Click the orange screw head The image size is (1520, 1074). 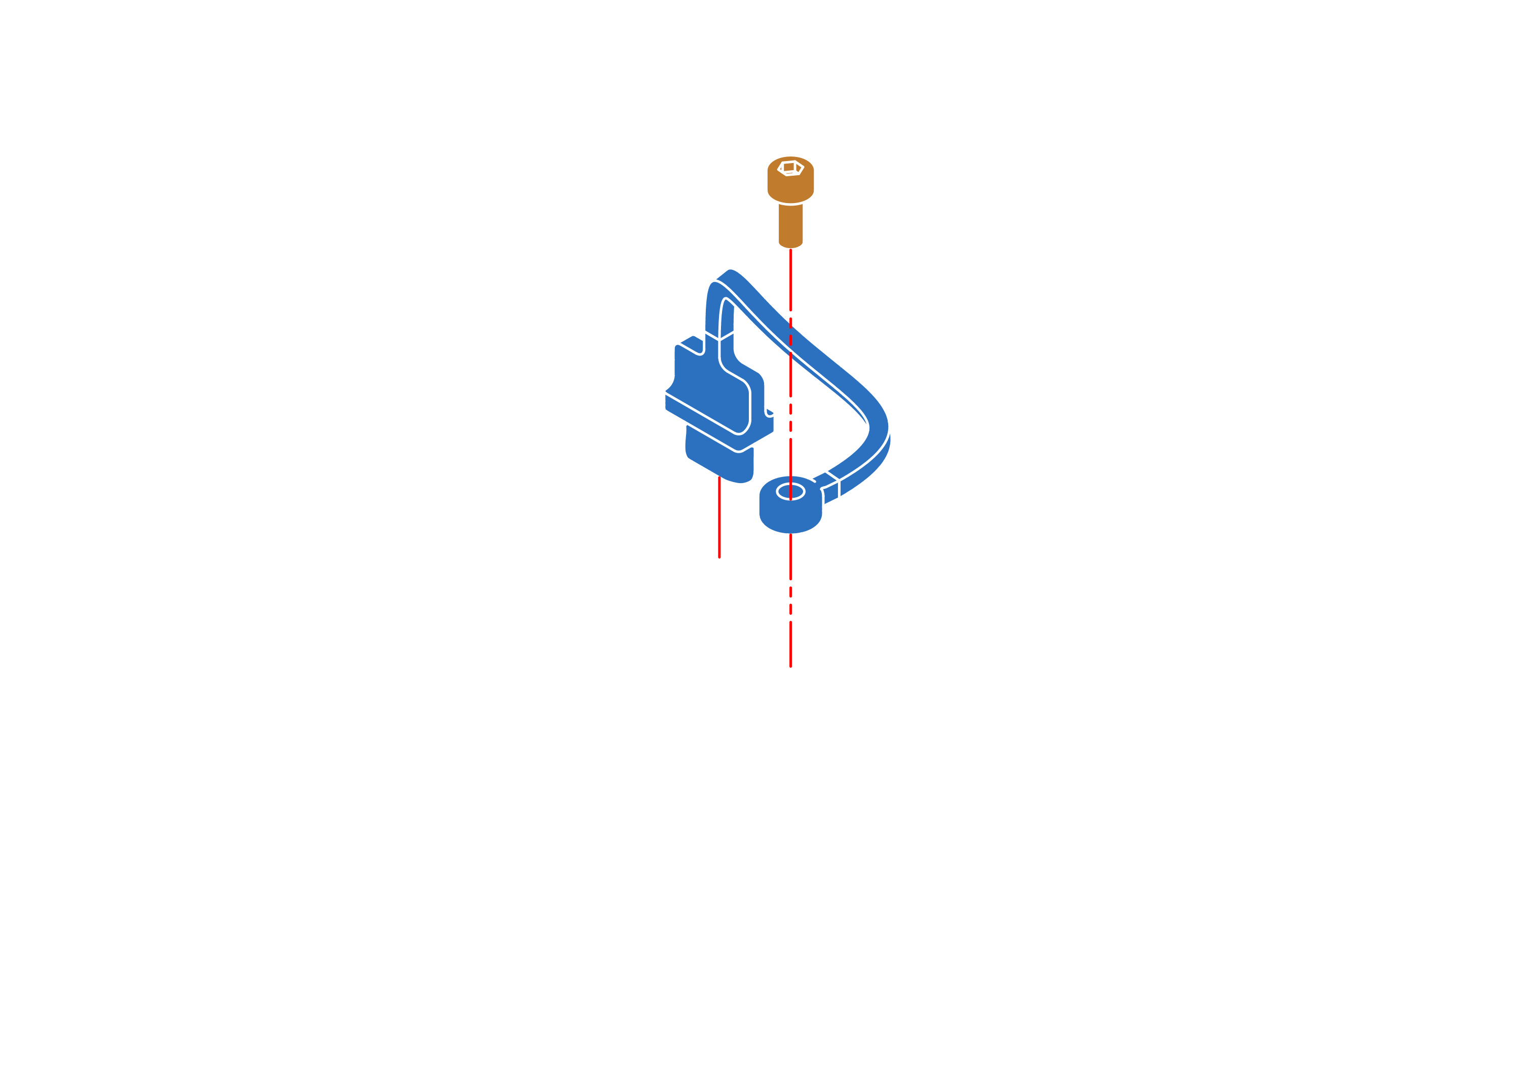790,177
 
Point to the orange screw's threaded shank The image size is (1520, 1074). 790,225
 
